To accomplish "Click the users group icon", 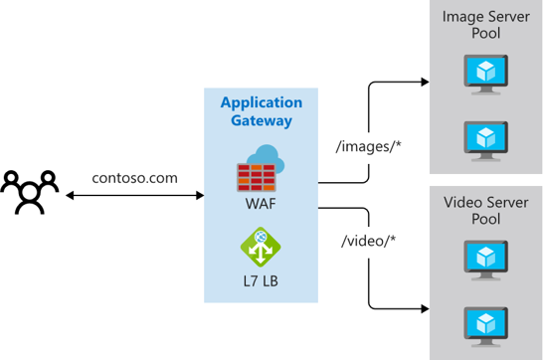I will (29, 192).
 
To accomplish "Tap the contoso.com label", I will (134, 178).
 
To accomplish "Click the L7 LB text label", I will (260, 282).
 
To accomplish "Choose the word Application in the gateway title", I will (261, 103).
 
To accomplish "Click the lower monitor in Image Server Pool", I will (485, 136).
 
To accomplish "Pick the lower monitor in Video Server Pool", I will (485, 324).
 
